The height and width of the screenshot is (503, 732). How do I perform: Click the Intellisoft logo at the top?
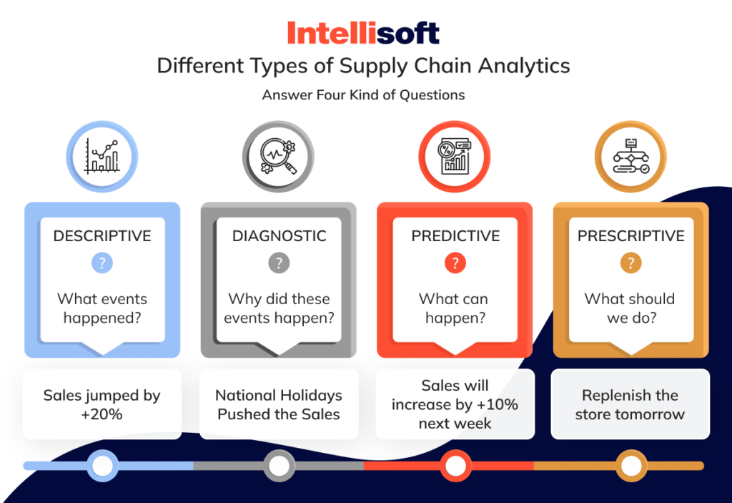pyautogui.click(x=363, y=32)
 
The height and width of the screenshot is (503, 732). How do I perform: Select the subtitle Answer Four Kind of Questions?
pyautogui.click(x=363, y=95)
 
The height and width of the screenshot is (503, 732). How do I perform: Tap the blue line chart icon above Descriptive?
pyautogui.click(x=102, y=156)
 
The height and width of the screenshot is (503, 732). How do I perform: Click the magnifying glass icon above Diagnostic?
pyautogui.click(x=278, y=156)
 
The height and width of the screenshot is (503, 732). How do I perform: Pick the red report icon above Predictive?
pyautogui.click(x=454, y=156)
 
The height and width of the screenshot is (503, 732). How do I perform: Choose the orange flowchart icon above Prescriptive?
pyautogui.click(x=630, y=156)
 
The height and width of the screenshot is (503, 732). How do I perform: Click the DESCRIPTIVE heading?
pyautogui.click(x=102, y=236)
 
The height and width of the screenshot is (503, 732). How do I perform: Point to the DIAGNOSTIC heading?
pyautogui.click(x=279, y=236)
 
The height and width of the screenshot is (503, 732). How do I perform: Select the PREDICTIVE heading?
pyautogui.click(x=455, y=236)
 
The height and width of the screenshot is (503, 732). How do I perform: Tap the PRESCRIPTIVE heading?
pyautogui.click(x=630, y=236)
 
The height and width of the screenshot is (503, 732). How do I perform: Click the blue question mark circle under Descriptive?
pyautogui.click(x=102, y=263)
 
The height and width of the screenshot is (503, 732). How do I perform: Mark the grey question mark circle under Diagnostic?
pyautogui.click(x=278, y=263)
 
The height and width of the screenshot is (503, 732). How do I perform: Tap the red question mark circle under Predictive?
pyautogui.click(x=455, y=263)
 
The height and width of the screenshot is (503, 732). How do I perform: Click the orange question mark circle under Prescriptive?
pyautogui.click(x=630, y=263)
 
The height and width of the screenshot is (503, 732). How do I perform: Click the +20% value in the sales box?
pyautogui.click(x=102, y=414)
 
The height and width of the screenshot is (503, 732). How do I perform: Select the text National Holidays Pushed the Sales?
pyautogui.click(x=279, y=404)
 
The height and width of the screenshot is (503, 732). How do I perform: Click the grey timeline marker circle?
pyautogui.click(x=279, y=466)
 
